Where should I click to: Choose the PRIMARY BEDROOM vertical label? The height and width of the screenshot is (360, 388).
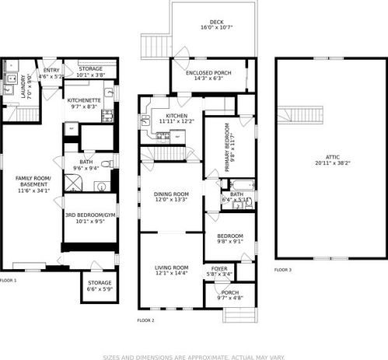227,142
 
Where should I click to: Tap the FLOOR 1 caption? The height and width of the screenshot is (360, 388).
8,280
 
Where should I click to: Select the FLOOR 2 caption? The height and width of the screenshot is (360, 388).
145,320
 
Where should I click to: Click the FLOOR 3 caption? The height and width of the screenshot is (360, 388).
283,270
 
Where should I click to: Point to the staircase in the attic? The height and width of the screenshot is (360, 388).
306,115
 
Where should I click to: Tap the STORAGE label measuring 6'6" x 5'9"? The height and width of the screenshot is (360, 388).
100,283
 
